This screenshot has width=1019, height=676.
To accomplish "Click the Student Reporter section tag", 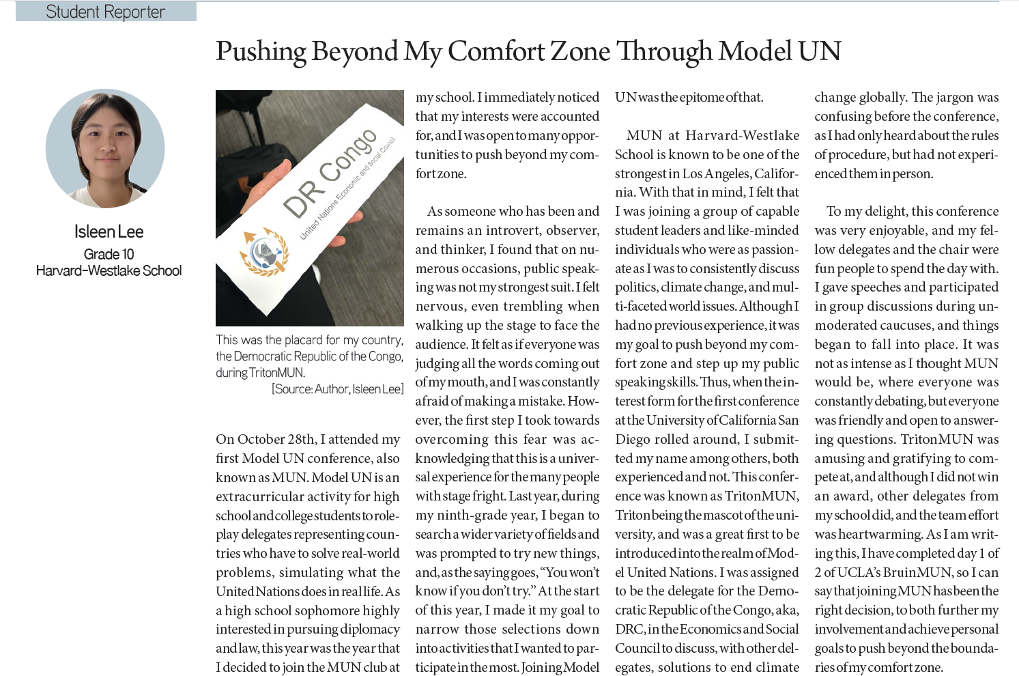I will tap(106, 12).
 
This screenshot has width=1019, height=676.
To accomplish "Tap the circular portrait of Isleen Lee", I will tap(105, 148).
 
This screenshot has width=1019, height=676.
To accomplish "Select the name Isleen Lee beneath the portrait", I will tap(109, 231).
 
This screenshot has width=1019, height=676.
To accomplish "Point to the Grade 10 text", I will tap(109, 254).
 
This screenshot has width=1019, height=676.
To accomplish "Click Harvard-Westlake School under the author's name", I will tap(109, 270).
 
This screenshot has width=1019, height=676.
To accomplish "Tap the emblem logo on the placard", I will tap(263, 252).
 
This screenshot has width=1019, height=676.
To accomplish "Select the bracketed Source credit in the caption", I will tap(337, 389).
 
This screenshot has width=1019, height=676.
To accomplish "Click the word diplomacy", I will tap(365, 629).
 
